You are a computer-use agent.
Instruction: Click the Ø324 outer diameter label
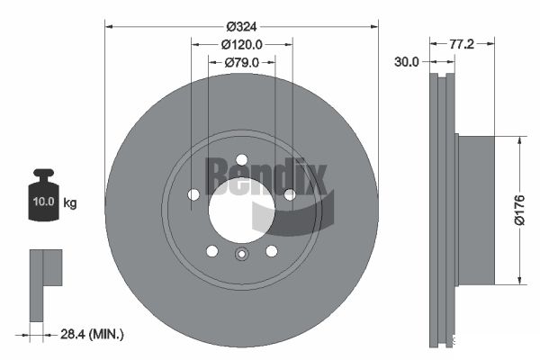point(241,12)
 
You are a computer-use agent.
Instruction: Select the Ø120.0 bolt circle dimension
point(241,42)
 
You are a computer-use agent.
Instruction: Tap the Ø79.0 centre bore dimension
point(241,62)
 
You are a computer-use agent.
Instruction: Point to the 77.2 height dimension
point(462,42)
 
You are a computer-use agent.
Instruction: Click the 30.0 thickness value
point(407,62)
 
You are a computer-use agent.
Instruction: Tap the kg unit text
point(70,202)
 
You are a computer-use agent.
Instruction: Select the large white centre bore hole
point(240,210)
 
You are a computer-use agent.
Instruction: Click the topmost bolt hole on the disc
point(241,161)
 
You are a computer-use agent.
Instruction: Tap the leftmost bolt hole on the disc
point(193,194)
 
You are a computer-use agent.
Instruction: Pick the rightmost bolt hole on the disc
point(289,194)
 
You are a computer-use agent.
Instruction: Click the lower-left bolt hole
point(211,251)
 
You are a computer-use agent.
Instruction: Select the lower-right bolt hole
point(271,251)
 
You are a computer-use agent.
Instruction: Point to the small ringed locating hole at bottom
point(241,255)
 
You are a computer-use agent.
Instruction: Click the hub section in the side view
point(475,209)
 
